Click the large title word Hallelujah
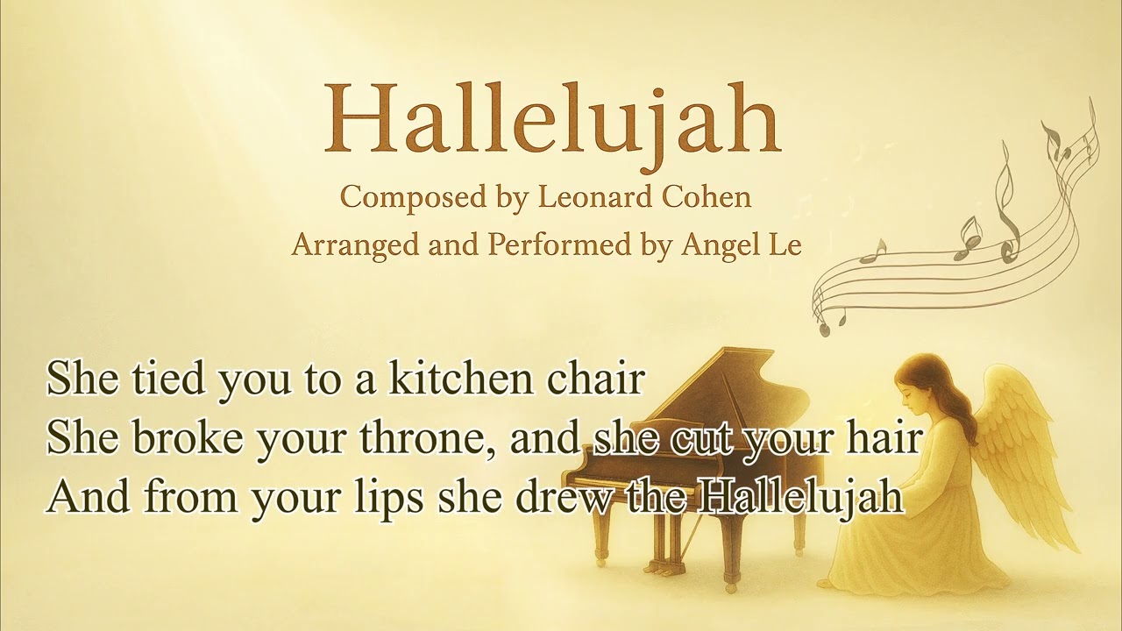(x=552, y=118)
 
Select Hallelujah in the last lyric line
(x=801, y=495)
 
